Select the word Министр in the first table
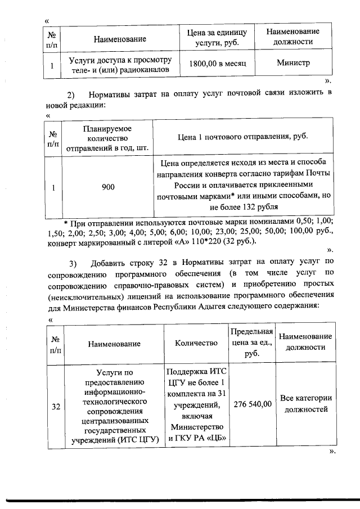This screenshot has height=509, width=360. pyautogui.click(x=293, y=63)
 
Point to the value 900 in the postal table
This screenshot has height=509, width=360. pyautogui.click(x=108, y=188)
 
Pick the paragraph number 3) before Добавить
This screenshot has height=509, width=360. pyautogui.click(x=73, y=264)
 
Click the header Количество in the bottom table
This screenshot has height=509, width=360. pyautogui.click(x=196, y=343)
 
